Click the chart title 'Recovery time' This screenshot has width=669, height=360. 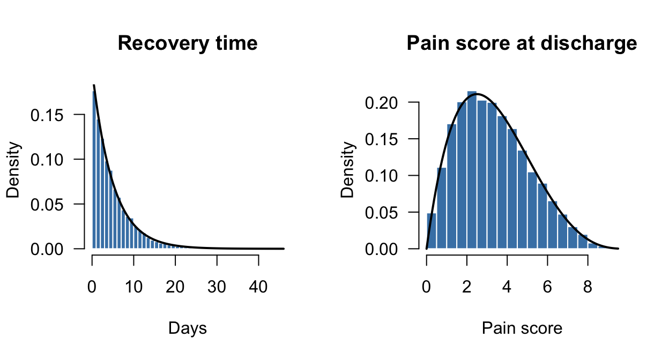(188, 43)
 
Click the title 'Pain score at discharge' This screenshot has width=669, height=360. (522, 43)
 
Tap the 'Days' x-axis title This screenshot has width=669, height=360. (188, 328)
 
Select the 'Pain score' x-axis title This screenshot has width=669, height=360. (522, 328)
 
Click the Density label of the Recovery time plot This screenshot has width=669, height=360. (13, 170)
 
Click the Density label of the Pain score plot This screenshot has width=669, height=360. (348, 170)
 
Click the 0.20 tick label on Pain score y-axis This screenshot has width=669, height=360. (388, 102)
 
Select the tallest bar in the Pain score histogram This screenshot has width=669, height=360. (472, 171)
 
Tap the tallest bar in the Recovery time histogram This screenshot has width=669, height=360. (94, 171)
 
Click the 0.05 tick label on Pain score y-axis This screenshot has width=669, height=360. (388, 213)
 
